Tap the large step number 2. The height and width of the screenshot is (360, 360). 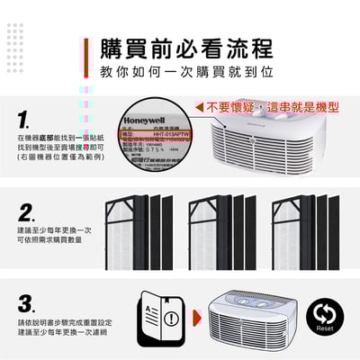tap(28, 214)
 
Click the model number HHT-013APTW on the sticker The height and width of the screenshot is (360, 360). tap(169, 132)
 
